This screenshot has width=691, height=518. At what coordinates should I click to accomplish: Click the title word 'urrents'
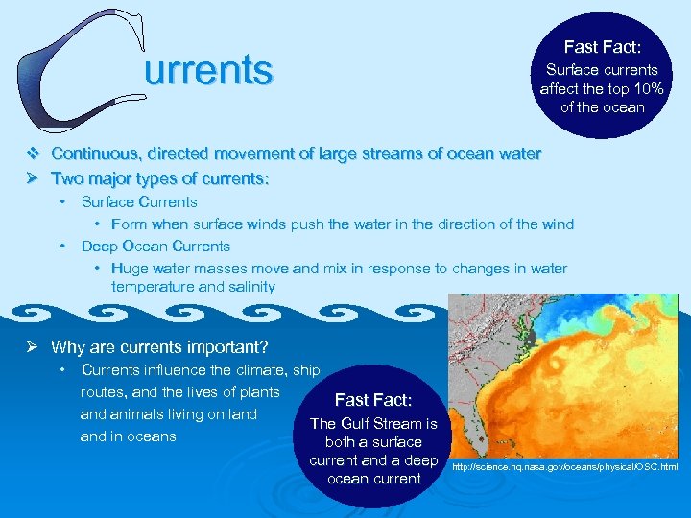coord(208,70)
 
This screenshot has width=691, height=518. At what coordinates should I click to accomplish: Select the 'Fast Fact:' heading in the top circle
coord(602,46)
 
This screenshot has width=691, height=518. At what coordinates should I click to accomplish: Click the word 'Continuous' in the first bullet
coord(93,153)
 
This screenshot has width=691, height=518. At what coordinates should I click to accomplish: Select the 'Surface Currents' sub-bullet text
coord(139,201)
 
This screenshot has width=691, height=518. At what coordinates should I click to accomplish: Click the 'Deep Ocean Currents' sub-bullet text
coord(155,246)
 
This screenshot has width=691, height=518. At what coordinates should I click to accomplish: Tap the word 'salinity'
coord(248,286)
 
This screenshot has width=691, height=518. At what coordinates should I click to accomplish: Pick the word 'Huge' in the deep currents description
coord(130,269)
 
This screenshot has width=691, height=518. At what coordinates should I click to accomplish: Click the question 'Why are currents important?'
coord(159,347)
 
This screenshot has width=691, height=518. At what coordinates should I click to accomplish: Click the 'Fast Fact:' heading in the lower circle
coord(372,400)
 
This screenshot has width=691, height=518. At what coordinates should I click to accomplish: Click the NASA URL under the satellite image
coord(565,467)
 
